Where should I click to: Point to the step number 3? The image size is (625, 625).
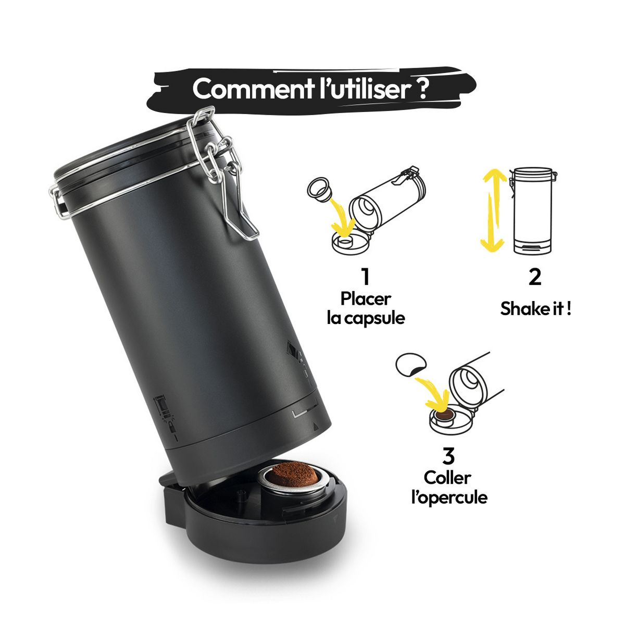448,456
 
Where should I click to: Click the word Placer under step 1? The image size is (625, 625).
366,299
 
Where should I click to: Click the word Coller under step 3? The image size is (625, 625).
447,478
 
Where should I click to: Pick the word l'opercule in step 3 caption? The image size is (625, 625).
449,497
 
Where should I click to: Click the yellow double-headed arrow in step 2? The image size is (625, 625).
492,211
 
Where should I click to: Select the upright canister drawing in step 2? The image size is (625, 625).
532,210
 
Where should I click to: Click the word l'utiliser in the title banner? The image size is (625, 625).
362,89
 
